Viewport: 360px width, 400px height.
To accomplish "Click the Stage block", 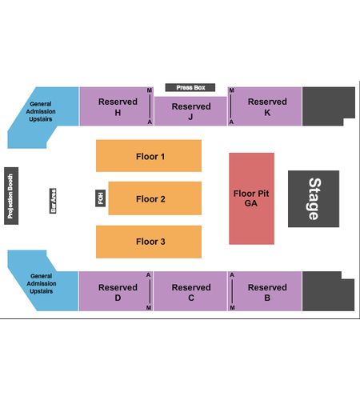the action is click(314, 198).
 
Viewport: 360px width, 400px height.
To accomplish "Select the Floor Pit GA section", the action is click(251, 198).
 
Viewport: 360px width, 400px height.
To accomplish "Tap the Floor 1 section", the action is click(149, 156).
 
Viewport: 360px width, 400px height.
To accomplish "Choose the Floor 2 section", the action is click(155, 198).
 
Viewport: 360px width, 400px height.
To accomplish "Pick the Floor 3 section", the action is click(149, 242).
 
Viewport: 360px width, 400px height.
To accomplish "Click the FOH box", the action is click(101, 198).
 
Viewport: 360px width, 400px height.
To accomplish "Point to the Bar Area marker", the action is click(53, 201).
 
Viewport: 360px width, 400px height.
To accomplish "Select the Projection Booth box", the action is click(11, 196).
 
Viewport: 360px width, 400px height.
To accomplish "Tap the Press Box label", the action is click(190, 87).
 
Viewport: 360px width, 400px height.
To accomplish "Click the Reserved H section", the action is click(117, 106).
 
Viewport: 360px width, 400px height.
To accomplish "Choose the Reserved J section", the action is click(190, 111).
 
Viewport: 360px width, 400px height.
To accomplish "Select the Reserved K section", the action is click(265, 106).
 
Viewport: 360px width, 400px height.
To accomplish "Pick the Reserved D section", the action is click(116, 291).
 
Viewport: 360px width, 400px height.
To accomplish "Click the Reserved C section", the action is click(190, 291).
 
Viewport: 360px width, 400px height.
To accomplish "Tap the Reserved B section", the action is click(265, 291).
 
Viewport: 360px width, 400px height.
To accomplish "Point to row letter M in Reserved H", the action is click(150, 90).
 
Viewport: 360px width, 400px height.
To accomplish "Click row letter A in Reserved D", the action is click(149, 275).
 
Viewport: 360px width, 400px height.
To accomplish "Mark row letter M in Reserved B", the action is click(232, 307).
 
